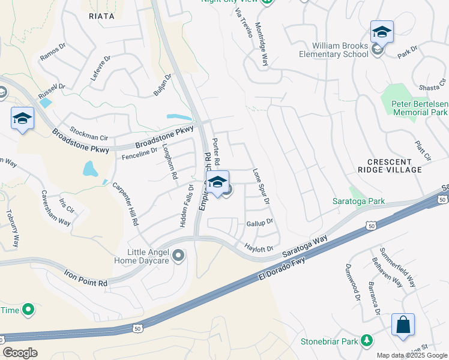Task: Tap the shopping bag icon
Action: [x=403, y=325]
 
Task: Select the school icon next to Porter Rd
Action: [x=217, y=182]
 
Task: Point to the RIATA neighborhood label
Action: [x=101, y=16]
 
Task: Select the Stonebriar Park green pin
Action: [x=366, y=341]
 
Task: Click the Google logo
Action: [x=20, y=352]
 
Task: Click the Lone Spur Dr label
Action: [x=262, y=186]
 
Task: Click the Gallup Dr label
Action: [x=260, y=223]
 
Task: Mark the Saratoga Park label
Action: [x=359, y=201]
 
